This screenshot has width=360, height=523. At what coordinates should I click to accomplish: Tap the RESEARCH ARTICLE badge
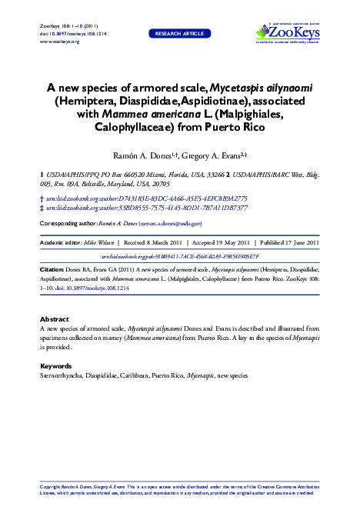179,35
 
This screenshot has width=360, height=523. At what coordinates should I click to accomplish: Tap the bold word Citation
52,271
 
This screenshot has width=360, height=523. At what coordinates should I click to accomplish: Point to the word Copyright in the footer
50,488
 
